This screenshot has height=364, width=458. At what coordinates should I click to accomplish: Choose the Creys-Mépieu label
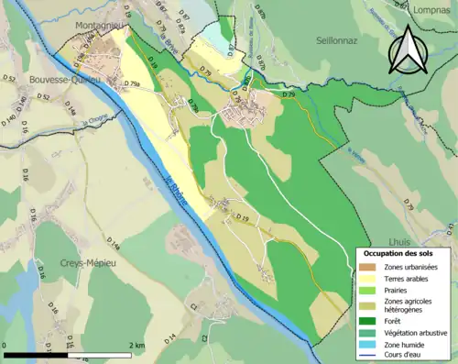(x=71, y=259)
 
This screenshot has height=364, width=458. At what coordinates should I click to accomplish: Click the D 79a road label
(x=129, y=83)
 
